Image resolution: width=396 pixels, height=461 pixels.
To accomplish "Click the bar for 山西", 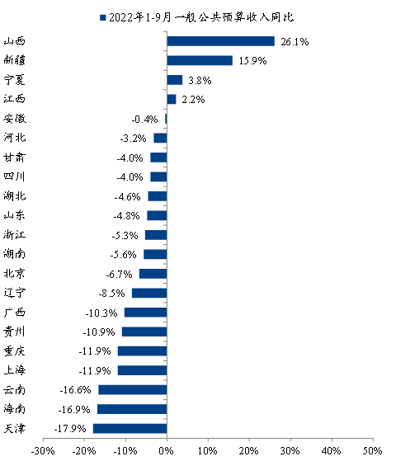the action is (220, 41).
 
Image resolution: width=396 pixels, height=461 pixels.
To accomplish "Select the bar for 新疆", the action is (200, 60).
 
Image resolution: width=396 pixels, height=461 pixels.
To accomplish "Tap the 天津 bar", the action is (130, 428).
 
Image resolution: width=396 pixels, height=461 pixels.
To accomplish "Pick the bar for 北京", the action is (153, 274).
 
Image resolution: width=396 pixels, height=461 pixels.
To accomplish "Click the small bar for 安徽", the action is (166, 119).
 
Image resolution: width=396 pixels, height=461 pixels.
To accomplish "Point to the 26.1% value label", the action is (295, 42).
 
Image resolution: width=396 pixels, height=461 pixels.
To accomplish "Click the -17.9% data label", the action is (70, 429).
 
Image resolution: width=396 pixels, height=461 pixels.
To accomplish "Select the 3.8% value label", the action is (200, 80).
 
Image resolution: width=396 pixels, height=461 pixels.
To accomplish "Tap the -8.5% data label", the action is (111, 294).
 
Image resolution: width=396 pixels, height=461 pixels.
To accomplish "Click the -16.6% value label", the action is (75, 390).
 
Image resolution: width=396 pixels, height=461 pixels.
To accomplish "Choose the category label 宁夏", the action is (14, 80).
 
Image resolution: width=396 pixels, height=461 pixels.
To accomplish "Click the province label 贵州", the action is (14, 332).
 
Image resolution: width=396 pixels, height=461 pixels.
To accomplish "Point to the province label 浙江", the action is (14, 234).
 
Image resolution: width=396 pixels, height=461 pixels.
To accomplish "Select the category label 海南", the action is (14, 409).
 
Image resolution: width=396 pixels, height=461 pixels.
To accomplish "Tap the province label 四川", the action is (14, 176).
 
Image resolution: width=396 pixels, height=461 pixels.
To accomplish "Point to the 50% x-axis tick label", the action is (373, 451).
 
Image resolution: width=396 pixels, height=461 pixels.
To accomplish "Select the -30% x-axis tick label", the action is (43, 451).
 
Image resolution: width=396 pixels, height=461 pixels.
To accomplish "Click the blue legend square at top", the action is (102, 17).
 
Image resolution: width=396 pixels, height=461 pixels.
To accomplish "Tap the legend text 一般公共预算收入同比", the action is (234, 17).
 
